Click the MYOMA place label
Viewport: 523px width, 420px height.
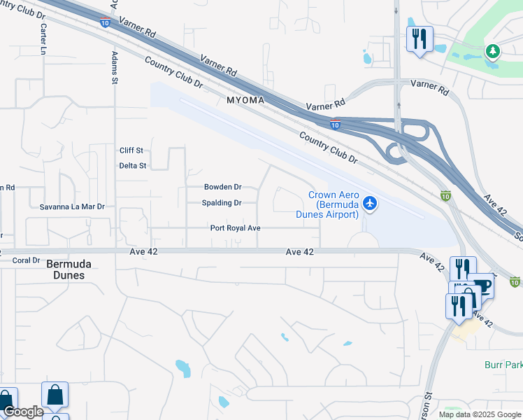point(245,101)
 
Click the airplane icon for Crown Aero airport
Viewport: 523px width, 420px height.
point(370,204)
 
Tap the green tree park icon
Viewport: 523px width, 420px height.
point(493,51)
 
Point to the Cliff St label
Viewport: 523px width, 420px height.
point(131,150)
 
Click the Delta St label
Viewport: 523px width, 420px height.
point(132,166)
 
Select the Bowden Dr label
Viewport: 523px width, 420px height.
point(222,187)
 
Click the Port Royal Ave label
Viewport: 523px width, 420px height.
point(235,228)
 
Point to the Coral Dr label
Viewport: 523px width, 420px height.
point(27,260)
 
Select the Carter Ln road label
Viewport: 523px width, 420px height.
point(43,39)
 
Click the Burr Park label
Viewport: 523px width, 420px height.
point(503,365)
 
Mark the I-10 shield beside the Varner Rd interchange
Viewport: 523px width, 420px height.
point(336,125)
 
